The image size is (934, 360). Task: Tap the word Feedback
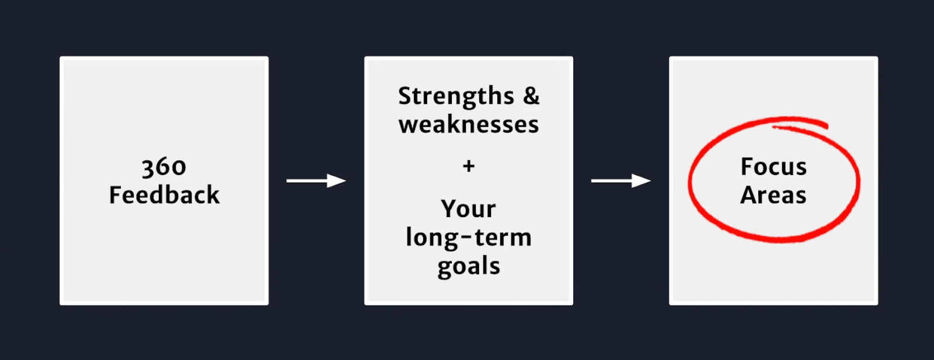[164, 194]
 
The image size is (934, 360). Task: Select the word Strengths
[456, 97]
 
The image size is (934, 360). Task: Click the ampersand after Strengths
[531, 96]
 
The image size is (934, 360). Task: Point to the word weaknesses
[469, 124]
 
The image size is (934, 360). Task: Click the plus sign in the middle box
[469, 166]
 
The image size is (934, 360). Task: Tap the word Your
[469, 209]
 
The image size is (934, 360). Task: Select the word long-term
[469, 238]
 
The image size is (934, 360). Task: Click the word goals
[469, 267]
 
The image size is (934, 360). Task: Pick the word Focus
[773, 167]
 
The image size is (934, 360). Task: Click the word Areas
[773, 194]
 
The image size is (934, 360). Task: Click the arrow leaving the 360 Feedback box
[316, 181]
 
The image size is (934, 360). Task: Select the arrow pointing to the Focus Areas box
[621, 181]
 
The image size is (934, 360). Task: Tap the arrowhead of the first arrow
[336, 181]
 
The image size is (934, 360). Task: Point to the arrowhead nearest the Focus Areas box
[642, 181]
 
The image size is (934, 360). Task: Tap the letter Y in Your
[449, 208]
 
